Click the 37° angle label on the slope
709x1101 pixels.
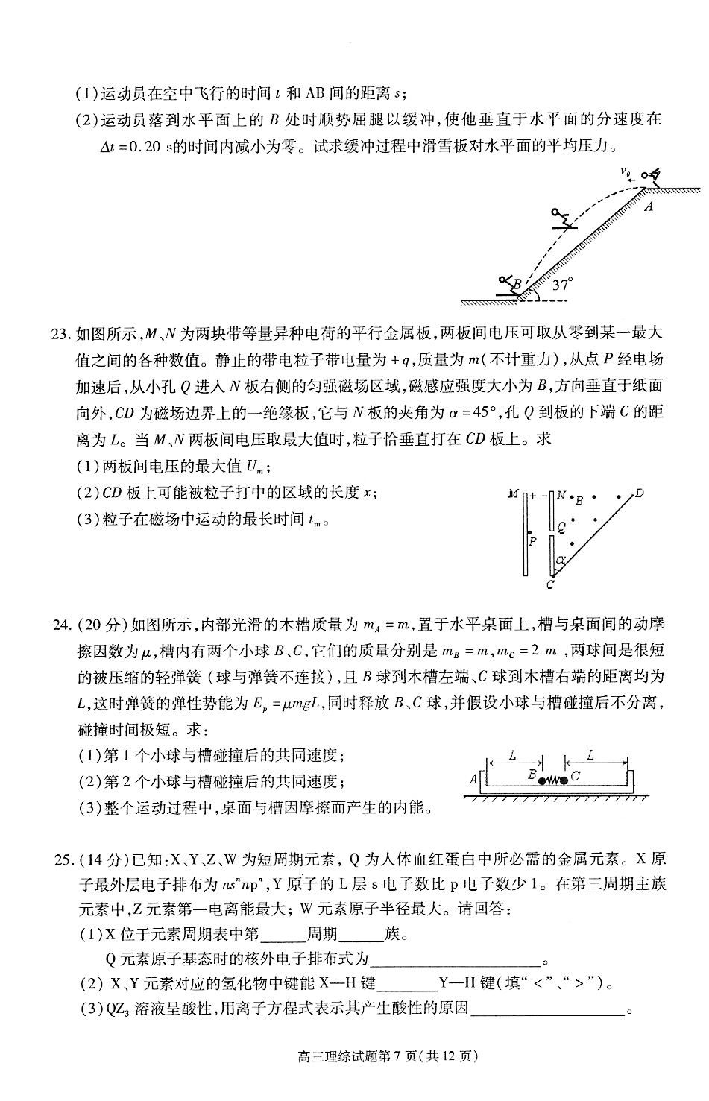pos(562,285)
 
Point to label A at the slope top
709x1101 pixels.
pos(649,206)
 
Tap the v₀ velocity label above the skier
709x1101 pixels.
pos(626,172)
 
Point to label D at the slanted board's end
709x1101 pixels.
pos(639,493)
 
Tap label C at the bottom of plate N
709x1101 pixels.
pos(549,585)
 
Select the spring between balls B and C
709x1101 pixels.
pos(552,780)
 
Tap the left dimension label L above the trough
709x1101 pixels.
pos(513,754)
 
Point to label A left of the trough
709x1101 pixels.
pos(473,779)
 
